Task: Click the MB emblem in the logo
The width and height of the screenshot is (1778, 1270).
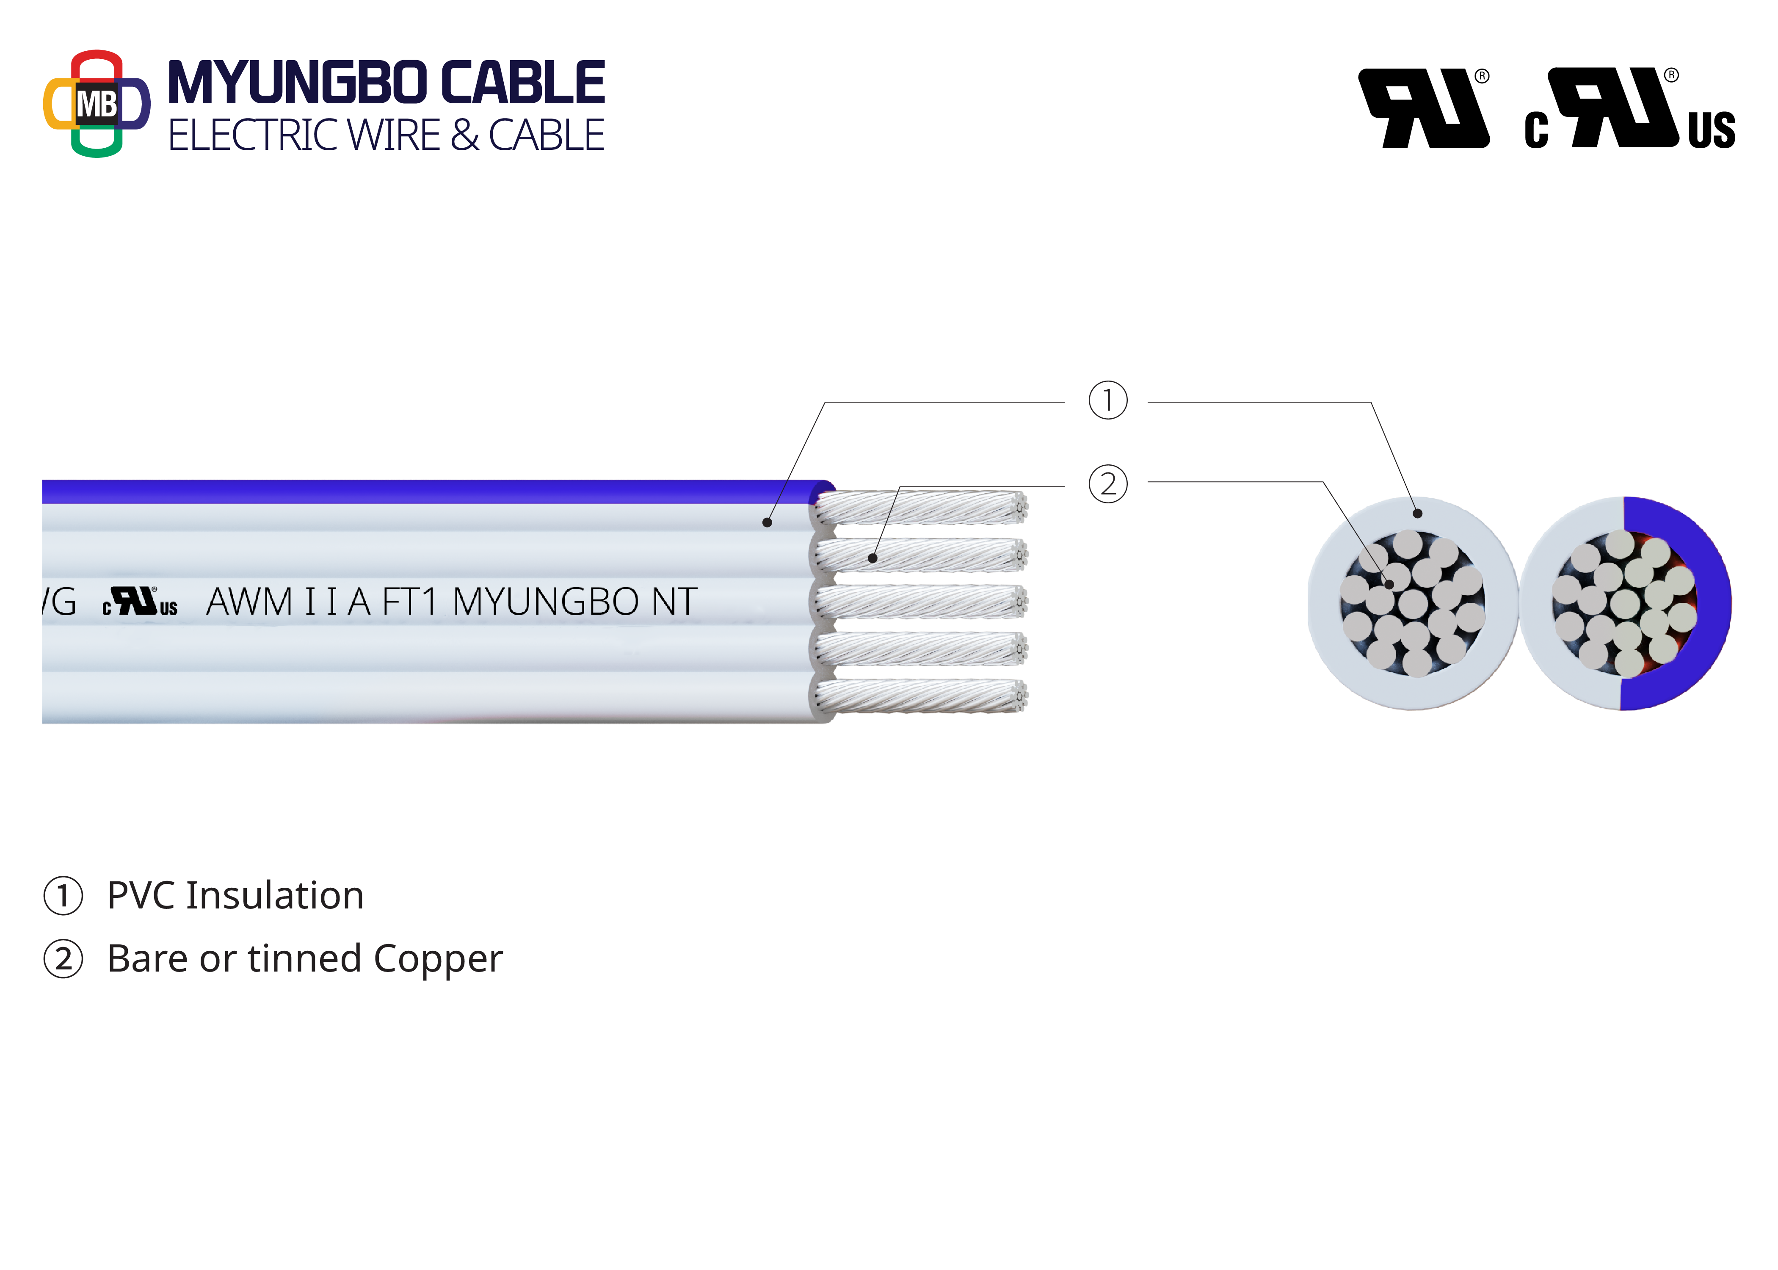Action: click(96, 104)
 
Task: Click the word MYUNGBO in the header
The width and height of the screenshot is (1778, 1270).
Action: click(297, 83)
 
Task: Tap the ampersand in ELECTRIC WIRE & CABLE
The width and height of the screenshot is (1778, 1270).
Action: click(464, 135)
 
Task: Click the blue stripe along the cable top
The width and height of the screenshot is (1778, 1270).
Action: click(430, 491)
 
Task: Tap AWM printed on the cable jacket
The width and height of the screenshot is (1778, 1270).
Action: click(248, 602)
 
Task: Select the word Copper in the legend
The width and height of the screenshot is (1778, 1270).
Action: click(438, 959)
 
